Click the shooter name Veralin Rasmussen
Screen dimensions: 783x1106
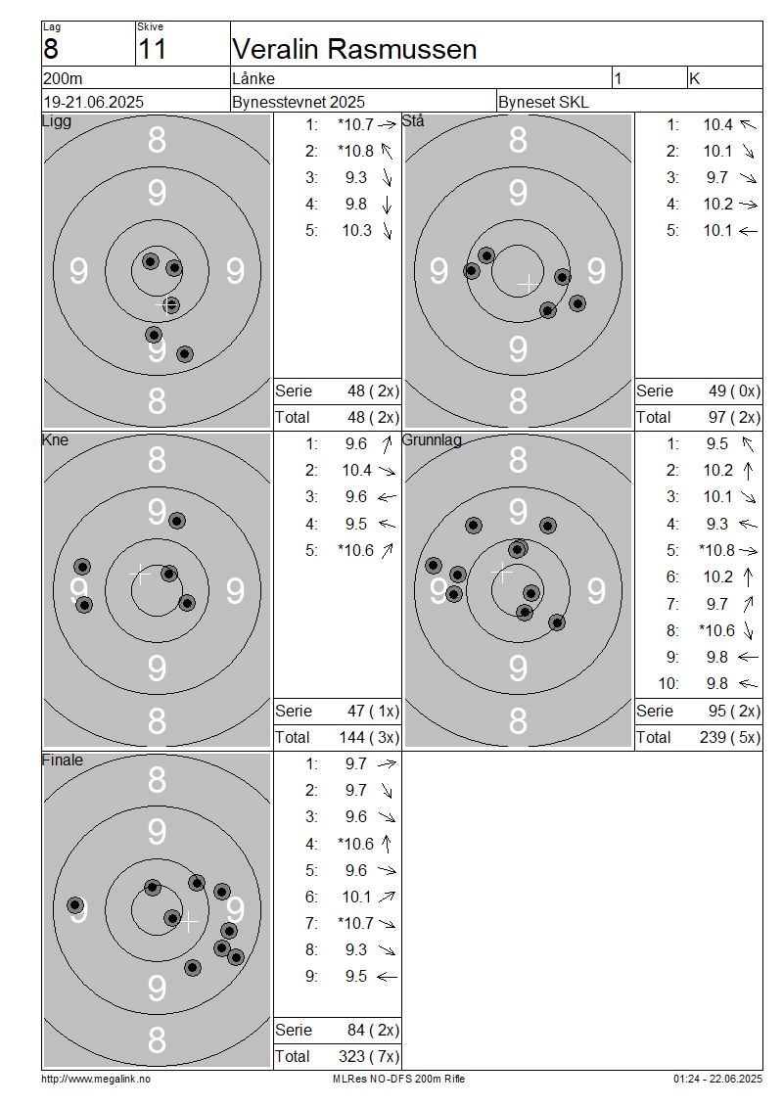point(354,49)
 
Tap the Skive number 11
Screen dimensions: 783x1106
point(153,49)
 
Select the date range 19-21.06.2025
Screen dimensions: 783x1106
point(93,102)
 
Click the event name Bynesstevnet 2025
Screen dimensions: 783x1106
point(299,102)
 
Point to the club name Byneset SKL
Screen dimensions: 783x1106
point(543,102)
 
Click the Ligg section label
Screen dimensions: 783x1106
point(57,121)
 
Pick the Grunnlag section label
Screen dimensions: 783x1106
point(432,440)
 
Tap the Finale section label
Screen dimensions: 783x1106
point(62,760)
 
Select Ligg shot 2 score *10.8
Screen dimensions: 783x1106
point(355,151)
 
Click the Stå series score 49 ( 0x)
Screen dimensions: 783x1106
point(734,391)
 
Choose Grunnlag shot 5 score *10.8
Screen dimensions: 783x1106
point(716,550)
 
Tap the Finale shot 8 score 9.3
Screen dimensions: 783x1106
point(356,950)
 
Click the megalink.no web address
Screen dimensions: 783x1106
point(96,1079)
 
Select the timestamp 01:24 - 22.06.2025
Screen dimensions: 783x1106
point(717,1079)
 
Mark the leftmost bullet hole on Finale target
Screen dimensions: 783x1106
point(75,905)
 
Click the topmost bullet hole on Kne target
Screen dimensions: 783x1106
point(177,521)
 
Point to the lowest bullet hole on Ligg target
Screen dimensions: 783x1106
point(185,353)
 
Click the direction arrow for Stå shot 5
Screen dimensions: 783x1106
point(749,231)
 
